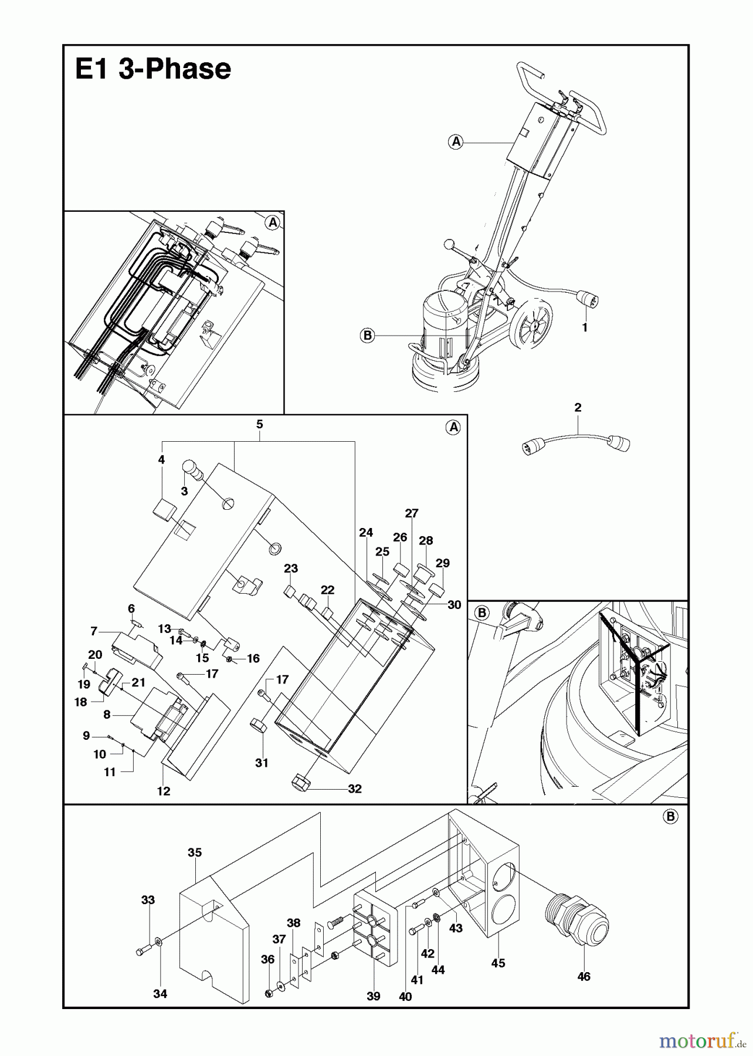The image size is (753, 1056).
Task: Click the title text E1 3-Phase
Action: click(x=153, y=69)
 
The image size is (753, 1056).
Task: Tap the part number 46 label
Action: click(x=584, y=976)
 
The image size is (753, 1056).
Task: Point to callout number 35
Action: click(x=195, y=852)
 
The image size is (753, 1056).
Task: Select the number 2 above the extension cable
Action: click(x=578, y=407)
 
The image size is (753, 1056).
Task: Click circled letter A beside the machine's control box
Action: click(x=456, y=141)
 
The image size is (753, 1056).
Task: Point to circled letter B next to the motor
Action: click(x=367, y=336)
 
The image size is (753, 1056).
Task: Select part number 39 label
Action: click(x=374, y=996)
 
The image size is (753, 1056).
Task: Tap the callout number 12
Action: click(x=164, y=791)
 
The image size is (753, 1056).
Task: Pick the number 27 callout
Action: click(x=412, y=513)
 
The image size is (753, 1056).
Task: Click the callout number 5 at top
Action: click(x=259, y=424)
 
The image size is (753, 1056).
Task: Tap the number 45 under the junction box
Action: click(x=498, y=963)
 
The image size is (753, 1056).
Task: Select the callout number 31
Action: click(x=262, y=763)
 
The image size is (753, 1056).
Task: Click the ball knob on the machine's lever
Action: click(x=449, y=243)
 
